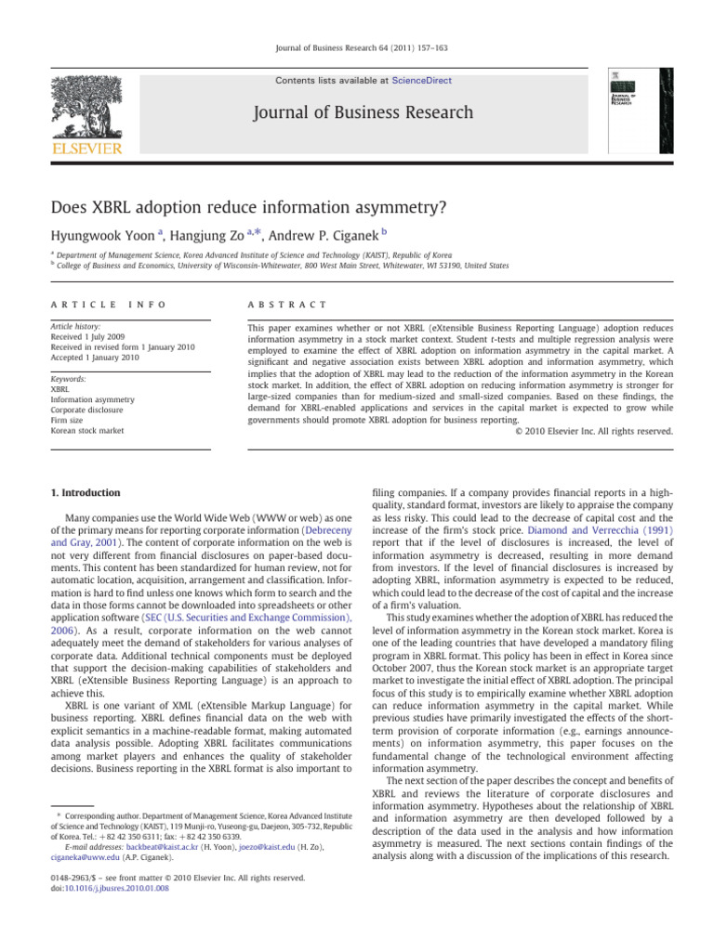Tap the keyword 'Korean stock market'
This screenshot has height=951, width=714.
(x=89, y=430)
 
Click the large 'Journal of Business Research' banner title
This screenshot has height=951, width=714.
(x=359, y=113)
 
